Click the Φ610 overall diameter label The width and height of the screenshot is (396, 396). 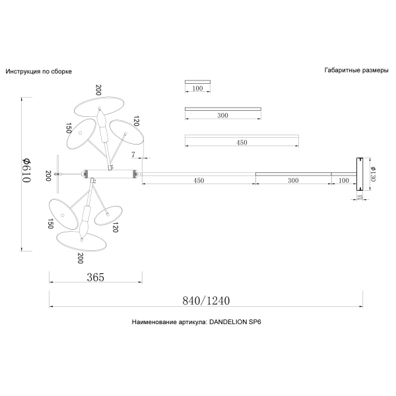[26, 170]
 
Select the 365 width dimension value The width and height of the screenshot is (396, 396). [96, 277]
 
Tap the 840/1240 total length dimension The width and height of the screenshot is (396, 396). [206, 300]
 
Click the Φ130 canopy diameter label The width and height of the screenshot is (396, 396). [373, 174]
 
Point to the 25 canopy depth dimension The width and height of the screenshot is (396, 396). [360, 197]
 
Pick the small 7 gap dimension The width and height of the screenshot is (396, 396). [133, 154]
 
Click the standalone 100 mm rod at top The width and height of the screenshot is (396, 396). [197, 82]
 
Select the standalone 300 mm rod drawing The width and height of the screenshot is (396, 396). [223, 109]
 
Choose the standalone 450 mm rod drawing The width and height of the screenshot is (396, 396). [242, 137]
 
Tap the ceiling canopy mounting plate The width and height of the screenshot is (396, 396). [360, 174]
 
